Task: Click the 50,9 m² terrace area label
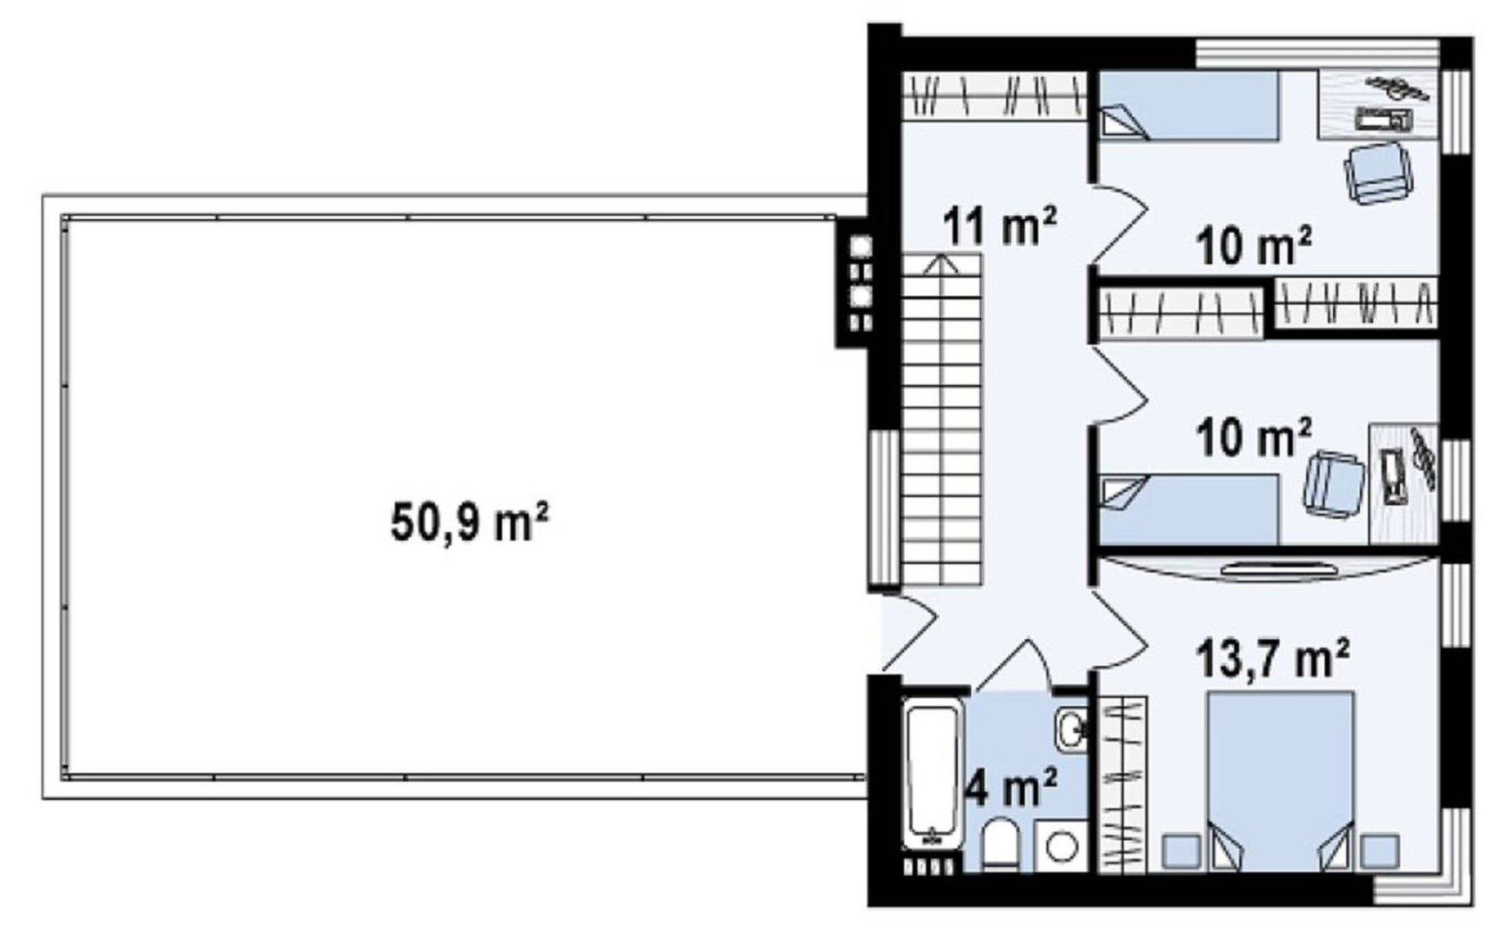[470, 522]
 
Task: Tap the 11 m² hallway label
[1000, 225]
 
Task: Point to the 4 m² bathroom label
[1011, 786]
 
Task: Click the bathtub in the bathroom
[932, 773]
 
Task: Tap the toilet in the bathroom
[1000, 844]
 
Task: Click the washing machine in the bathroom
[1061, 846]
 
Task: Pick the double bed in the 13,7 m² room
[1280, 782]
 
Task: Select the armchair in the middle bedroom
[1333, 484]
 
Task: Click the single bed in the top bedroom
[1189, 106]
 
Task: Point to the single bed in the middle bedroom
[1189, 509]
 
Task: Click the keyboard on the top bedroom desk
[1384, 120]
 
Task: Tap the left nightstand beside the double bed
[1181, 851]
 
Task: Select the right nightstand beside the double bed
[1379, 851]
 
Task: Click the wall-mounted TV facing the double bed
[1279, 570]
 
